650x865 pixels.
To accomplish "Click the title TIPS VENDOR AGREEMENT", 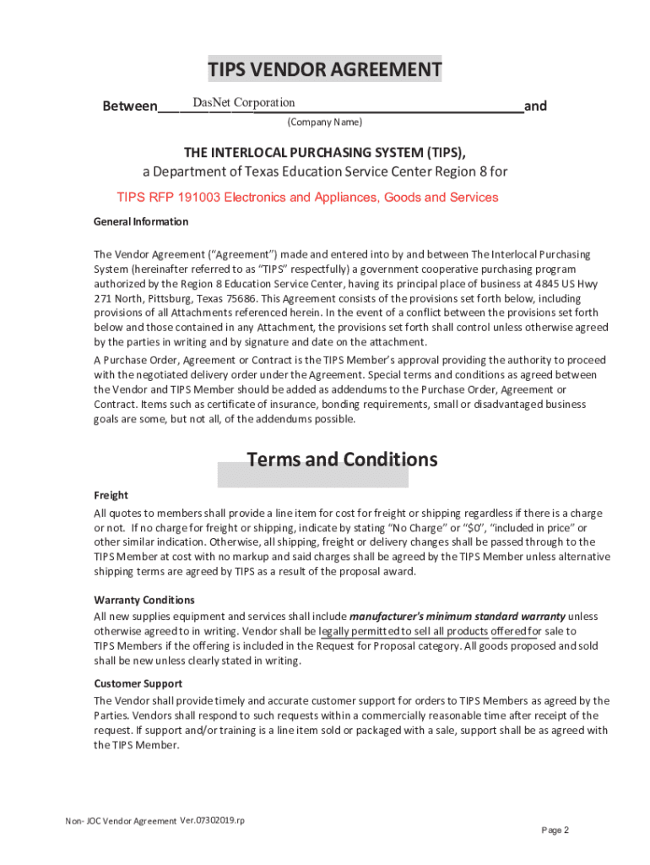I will tap(325, 69).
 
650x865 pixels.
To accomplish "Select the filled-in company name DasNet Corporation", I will tap(243, 103).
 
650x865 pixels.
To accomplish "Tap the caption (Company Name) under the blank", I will tap(325, 122).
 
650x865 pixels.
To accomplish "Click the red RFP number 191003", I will tap(195, 198).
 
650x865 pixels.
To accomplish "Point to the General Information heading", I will tap(141, 222).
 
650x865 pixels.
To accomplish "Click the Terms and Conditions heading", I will tap(342, 460).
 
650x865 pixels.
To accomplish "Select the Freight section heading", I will tap(111, 496).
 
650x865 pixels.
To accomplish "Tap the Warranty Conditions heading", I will tap(144, 600).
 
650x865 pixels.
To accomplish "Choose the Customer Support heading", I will tap(138, 683).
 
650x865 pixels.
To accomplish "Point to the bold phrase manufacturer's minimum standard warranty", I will tap(457, 616).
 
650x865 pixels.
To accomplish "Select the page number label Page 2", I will tap(555, 830).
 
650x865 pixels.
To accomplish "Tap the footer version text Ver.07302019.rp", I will tap(212, 820).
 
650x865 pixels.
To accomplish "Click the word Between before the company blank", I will tap(129, 106).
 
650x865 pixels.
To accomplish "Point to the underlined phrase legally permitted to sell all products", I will tap(404, 631).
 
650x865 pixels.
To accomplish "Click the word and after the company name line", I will tap(535, 106).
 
